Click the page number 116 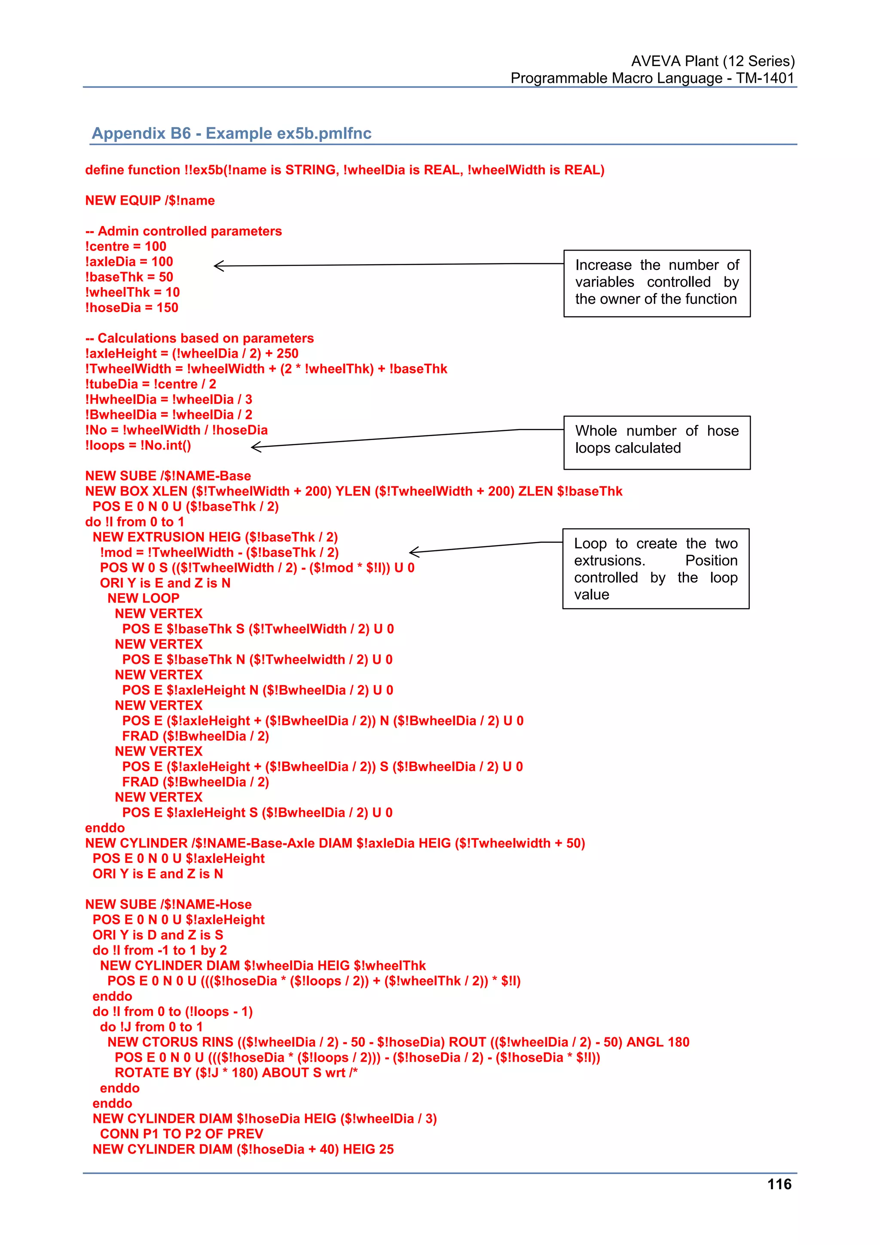pos(779,1184)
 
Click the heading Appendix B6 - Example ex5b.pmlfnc pos(232,133)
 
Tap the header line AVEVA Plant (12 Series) pos(712,61)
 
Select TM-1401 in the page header pos(764,79)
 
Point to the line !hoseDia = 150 pos(132,308)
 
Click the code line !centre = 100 pos(126,247)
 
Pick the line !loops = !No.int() pos(138,446)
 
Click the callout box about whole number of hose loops pos(657,443)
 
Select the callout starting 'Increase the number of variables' pos(657,283)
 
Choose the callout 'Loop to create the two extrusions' pos(656,569)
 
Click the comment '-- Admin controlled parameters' pos(184,232)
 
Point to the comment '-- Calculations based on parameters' pos(199,338)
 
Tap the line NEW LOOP pos(143,599)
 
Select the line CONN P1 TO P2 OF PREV pos(182,1134)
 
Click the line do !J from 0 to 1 pos(151,1027)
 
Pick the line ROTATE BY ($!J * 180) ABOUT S pos(236,1073)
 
